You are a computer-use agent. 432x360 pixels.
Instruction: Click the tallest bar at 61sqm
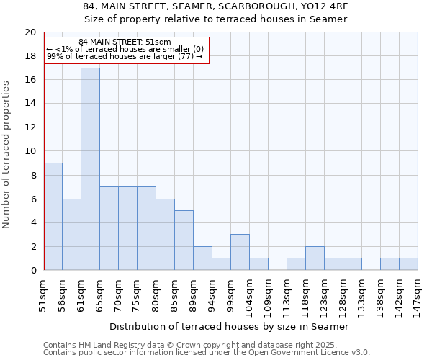point(90,169)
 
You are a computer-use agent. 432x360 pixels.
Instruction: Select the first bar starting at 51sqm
point(53,217)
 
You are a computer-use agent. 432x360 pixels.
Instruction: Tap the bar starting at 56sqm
point(71,235)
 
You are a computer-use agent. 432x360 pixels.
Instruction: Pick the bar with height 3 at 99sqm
point(240,253)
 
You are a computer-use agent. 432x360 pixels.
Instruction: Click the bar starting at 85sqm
point(184,240)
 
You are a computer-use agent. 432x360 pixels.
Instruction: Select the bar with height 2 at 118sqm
point(315,258)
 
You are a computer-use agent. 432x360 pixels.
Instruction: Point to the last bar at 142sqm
point(408,264)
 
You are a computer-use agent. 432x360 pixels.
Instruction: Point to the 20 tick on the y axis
point(30,32)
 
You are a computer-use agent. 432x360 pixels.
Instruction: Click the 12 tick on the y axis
point(30,127)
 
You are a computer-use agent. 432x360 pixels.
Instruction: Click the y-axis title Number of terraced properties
point(6,155)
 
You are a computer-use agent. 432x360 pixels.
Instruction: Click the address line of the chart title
point(215,6)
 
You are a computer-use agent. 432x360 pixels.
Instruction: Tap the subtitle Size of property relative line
point(215,19)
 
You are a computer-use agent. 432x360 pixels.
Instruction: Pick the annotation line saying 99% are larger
point(125,56)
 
